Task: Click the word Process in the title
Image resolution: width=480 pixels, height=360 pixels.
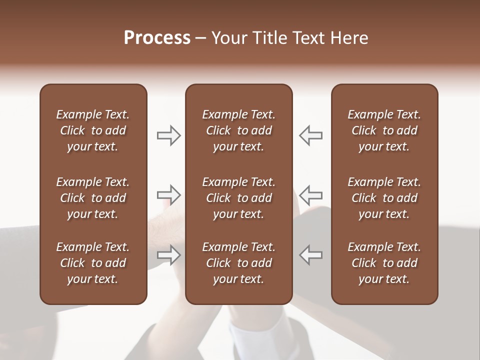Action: (157, 38)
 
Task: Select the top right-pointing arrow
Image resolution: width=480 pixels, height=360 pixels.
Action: (169, 135)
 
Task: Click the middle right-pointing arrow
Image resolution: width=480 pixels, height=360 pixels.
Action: (169, 194)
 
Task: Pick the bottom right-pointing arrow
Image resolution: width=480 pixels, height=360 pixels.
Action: (169, 254)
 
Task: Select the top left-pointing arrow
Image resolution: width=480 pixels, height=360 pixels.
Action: (310, 135)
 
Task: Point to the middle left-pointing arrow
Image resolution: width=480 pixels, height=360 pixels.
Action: (310, 194)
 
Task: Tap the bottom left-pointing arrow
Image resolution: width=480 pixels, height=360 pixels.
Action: (310, 254)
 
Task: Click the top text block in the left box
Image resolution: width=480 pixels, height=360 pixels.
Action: (93, 130)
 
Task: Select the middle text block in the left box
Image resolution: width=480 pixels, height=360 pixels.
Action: (93, 198)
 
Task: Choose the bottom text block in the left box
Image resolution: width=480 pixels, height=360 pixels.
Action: (93, 263)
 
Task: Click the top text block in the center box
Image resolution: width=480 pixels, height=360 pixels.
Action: (239, 130)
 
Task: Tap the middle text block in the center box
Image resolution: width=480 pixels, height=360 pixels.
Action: (239, 198)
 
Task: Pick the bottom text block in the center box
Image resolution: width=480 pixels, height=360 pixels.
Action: (239, 263)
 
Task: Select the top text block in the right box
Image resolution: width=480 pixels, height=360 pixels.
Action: (384, 130)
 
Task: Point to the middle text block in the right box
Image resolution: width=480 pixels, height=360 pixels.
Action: (384, 198)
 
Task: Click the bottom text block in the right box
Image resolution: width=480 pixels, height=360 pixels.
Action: (384, 263)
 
